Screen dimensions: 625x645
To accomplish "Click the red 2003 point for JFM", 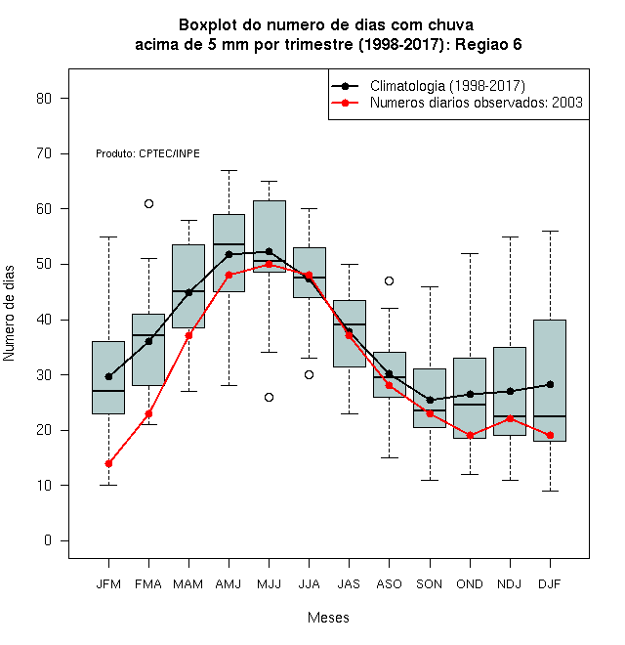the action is [x=108, y=463].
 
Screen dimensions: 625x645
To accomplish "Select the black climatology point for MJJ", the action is [x=269, y=251].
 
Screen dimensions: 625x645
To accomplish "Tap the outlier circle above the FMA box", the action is [x=148, y=203].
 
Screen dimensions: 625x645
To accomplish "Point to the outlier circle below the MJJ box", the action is [x=269, y=397].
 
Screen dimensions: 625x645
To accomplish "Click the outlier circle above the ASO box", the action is [x=389, y=280].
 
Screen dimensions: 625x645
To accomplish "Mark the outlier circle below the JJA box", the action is [x=310, y=374].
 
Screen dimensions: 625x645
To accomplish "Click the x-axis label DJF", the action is [x=550, y=583].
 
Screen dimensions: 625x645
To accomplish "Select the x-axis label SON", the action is [x=430, y=583].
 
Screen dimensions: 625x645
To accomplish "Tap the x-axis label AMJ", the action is [x=229, y=583].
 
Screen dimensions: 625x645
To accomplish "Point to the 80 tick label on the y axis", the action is [x=44, y=99].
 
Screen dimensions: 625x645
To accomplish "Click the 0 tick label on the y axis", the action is [x=48, y=540].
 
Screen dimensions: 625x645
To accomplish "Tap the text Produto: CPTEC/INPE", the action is [x=147, y=153].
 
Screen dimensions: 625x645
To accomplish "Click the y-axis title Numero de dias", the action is [x=9, y=314].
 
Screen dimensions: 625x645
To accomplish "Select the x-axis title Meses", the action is [x=328, y=618].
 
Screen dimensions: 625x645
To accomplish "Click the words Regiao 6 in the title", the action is [x=488, y=44].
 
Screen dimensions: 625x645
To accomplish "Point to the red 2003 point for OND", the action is [x=470, y=435].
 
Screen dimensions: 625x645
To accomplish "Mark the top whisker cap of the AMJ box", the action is [x=229, y=170].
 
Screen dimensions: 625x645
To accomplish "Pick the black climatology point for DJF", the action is [x=550, y=385].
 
